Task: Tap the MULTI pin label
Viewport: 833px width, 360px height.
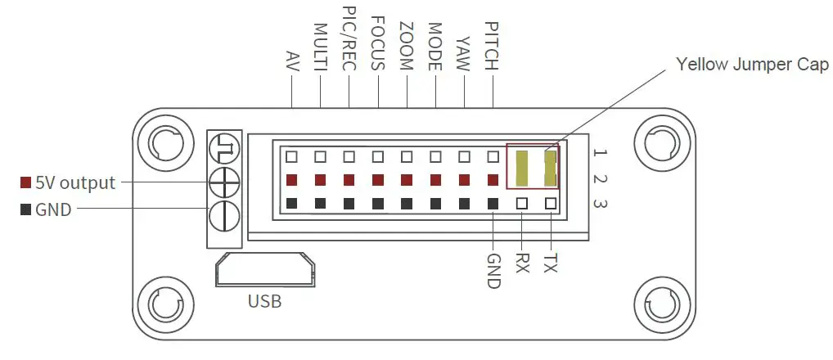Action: point(320,47)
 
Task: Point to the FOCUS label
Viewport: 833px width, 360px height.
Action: point(378,43)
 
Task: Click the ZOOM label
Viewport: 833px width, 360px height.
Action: point(407,47)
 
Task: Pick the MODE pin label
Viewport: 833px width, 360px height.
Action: point(435,47)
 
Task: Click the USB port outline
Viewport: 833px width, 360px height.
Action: point(264,269)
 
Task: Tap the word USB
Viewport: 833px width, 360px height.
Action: point(264,302)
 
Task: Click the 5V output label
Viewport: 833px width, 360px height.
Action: point(74,182)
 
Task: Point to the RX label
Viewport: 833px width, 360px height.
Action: point(522,262)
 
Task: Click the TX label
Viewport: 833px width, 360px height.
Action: point(551,262)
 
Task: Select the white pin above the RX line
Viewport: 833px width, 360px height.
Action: point(522,203)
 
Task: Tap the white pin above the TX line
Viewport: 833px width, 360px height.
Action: point(551,203)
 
